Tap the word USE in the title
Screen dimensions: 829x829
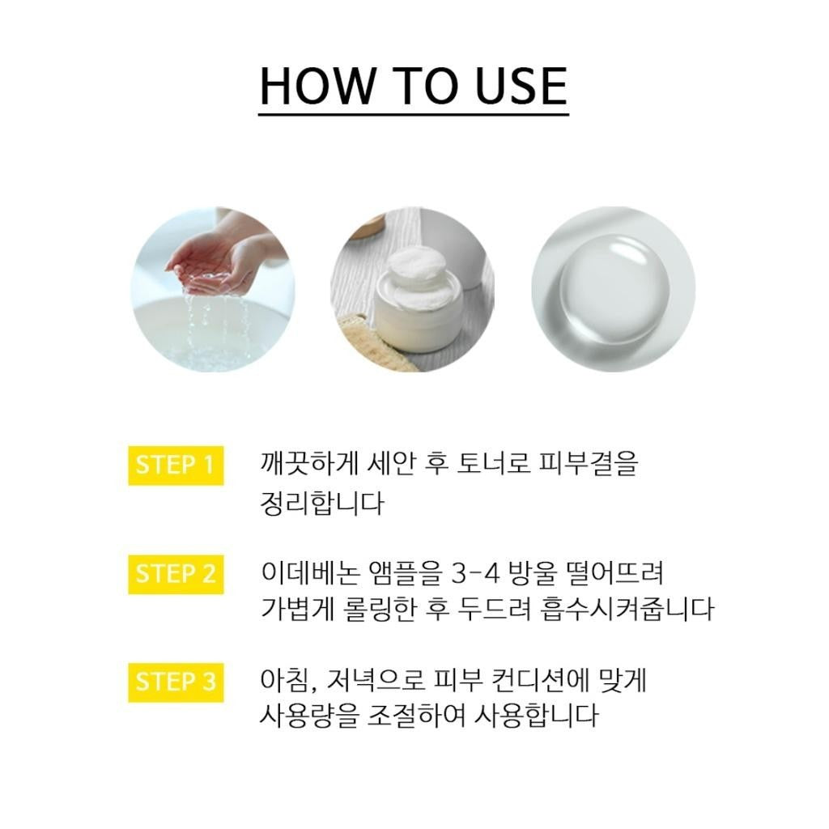pos(521,86)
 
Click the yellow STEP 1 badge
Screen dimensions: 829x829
pos(176,466)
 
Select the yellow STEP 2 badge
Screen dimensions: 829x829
pos(176,574)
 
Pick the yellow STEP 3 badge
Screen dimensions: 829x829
pos(176,682)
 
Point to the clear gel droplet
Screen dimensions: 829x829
pos(614,289)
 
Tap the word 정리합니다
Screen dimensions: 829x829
pos(321,503)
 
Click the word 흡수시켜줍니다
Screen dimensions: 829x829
pos(627,609)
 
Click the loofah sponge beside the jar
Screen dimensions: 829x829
pos(380,341)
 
